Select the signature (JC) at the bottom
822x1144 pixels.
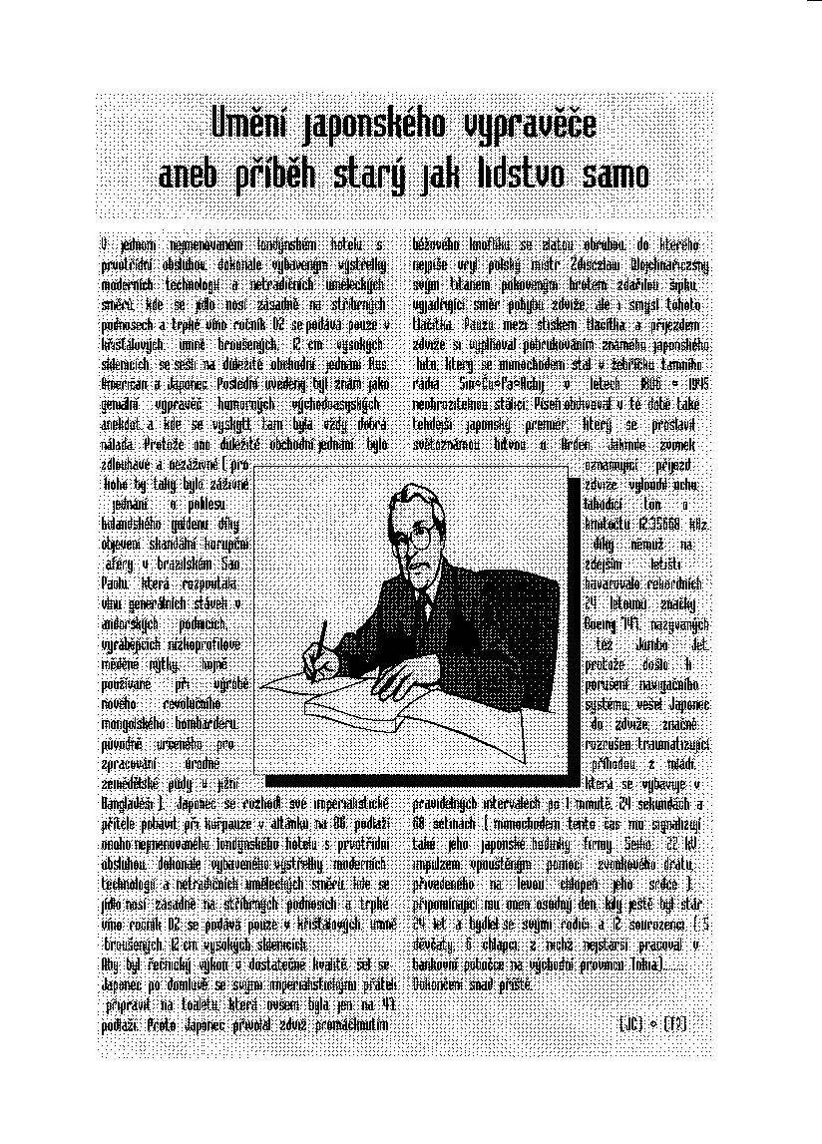632,1023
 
